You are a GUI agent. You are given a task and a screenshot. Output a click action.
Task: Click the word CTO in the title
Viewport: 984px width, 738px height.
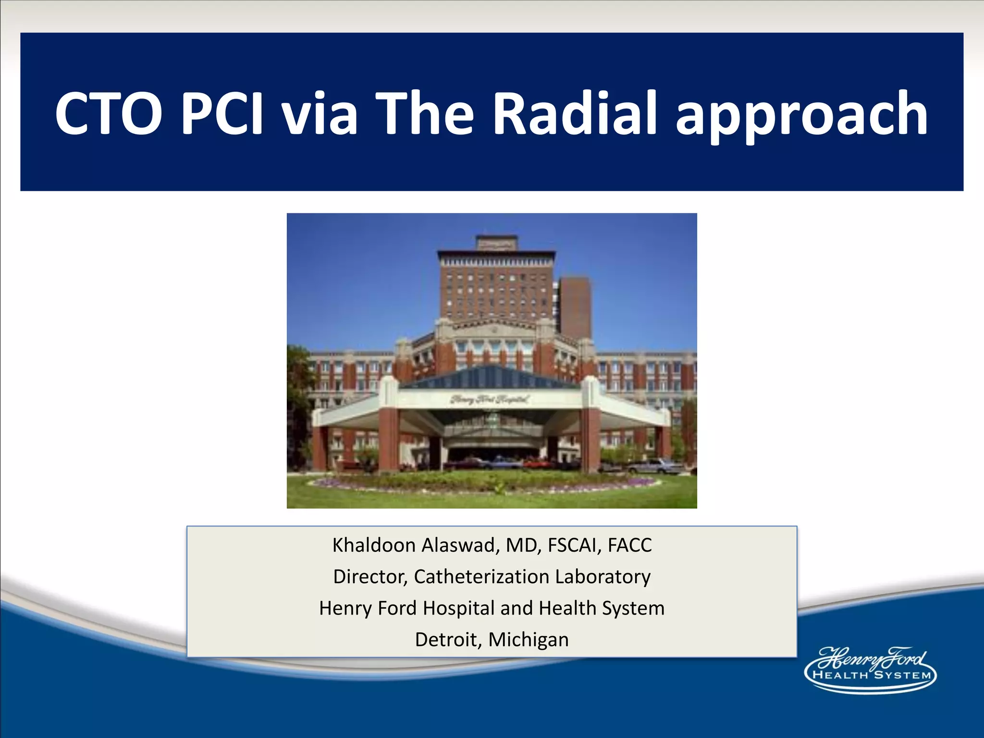click(x=108, y=113)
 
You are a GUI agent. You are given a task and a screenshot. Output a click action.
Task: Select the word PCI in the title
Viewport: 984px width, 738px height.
click(x=221, y=113)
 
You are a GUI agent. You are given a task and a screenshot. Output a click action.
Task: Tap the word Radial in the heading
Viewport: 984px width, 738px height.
click(x=574, y=113)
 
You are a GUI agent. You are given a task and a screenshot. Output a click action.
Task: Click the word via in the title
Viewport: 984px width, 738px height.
click(x=319, y=113)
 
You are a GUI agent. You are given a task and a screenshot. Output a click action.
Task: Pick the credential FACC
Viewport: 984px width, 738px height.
click(x=629, y=545)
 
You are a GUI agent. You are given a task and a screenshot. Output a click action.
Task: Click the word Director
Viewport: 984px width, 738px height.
click(x=370, y=577)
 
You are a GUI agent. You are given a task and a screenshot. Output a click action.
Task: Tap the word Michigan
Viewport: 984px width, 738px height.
click(x=529, y=640)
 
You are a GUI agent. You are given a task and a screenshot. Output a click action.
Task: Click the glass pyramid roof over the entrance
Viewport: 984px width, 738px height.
click(x=490, y=377)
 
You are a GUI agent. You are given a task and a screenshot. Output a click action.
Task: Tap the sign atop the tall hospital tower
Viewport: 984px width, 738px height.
click(x=497, y=244)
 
